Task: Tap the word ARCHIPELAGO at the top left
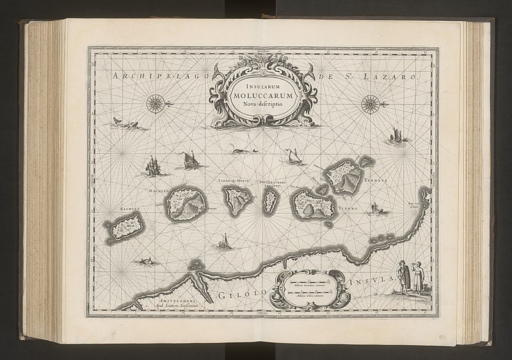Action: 150,77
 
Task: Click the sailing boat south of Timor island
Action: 223,241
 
